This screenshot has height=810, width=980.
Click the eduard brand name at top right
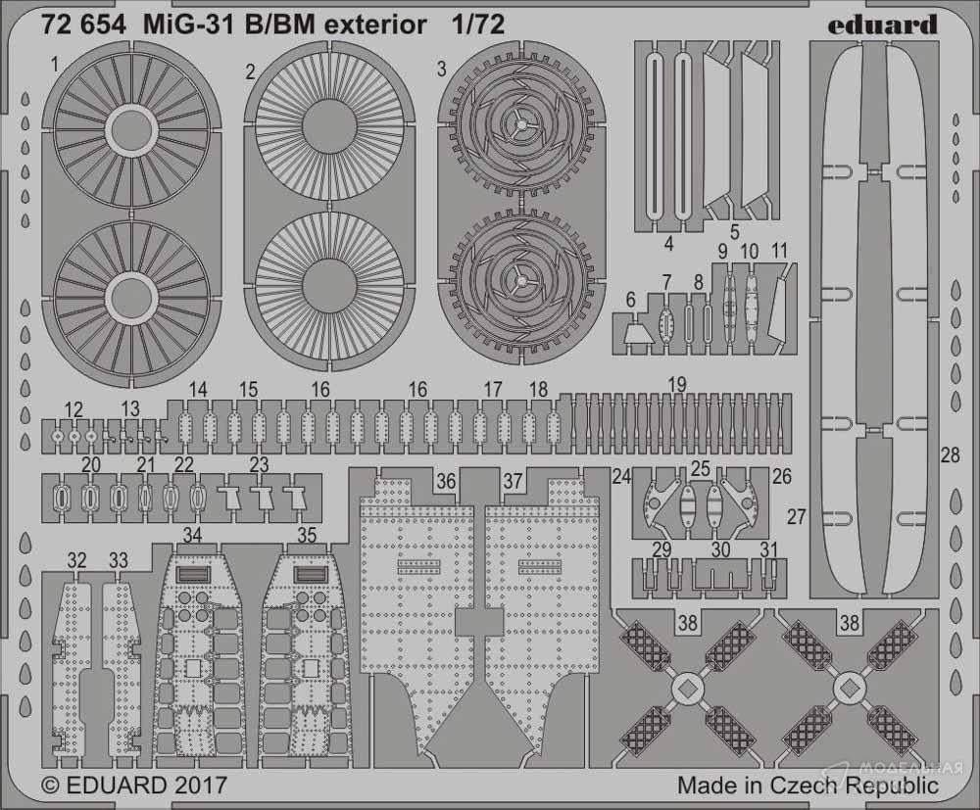click(x=883, y=25)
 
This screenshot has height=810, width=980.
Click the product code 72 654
click(x=84, y=25)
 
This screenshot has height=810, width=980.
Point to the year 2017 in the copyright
click(x=200, y=785)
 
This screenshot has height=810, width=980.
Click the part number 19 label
click(x=677, y=385)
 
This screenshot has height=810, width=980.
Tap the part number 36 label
click(x=446, y=482)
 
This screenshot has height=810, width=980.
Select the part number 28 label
click(x=950, y=454)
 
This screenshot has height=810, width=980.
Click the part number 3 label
click(x=442, y=69)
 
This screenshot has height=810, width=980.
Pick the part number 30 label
click(x=720, y=549)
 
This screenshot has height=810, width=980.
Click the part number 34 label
click(x=192, y=536)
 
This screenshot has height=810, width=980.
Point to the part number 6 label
click(x=630, y=300)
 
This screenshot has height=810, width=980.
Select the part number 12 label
click(x=73, y=409)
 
